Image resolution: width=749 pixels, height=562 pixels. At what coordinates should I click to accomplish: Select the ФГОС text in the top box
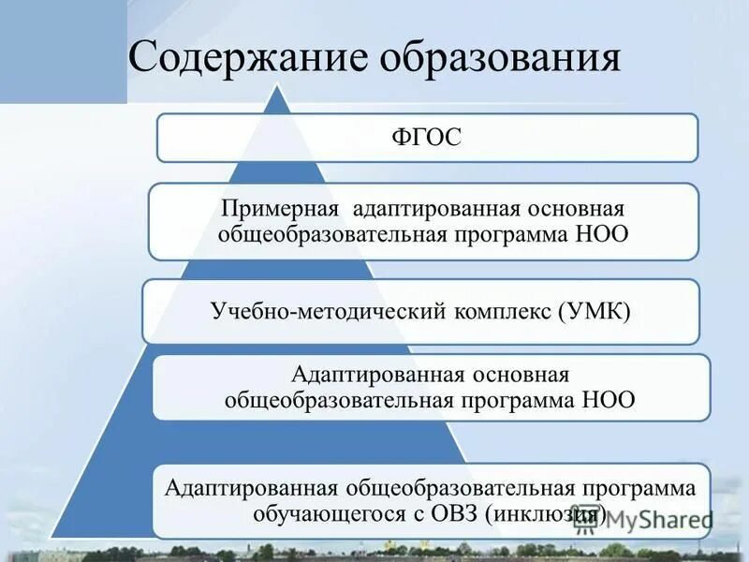[427, 139]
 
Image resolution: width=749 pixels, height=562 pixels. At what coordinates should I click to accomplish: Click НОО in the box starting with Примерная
[604, 232]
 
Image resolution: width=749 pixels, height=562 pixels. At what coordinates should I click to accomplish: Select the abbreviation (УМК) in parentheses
[597, 310]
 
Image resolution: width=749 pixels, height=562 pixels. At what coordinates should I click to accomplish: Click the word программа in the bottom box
[638, 489]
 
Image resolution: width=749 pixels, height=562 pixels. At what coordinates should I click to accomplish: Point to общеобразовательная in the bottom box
[458, 489]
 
